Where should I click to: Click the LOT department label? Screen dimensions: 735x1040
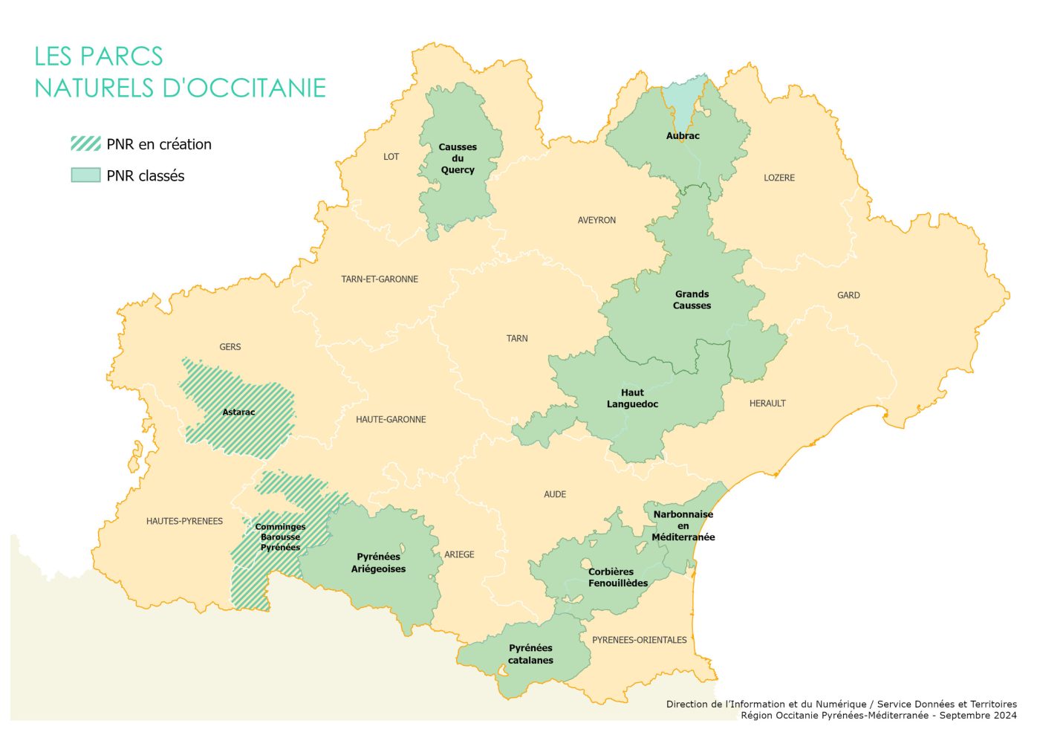(391, 157)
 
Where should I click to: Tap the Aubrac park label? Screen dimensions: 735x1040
(683, 136)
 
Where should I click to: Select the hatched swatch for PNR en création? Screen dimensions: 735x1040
(85, 143)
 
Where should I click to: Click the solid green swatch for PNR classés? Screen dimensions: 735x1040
(85, 175)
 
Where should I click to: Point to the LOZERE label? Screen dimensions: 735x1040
(779, 178)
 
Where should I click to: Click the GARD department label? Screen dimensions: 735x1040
(848, 295)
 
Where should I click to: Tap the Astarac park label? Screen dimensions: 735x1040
(238, 412)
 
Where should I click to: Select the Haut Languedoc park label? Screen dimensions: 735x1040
(632, 398)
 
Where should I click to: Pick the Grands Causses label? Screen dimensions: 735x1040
(692, 299)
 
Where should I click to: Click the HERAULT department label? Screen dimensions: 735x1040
(767, 404)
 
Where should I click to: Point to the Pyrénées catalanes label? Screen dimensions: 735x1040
(530, 654)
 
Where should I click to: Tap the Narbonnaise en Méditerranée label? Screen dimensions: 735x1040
(683, 525)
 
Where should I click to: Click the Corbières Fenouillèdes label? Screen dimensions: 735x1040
(617, 577)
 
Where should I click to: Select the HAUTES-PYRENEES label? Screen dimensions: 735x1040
(184, 521)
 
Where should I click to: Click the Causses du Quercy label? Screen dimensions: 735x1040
(458, 158)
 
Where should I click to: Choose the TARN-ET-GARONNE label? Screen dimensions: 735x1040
(380, 279)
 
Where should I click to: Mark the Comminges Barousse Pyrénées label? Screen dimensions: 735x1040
(280, 537)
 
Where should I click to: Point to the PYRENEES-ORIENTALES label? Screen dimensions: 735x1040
(639, 640)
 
